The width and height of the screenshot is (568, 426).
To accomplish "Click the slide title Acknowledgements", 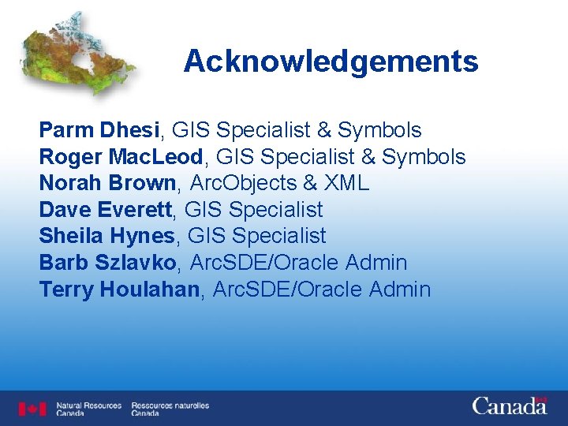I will click(331, 62).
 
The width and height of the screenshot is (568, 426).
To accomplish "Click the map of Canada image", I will click(77, 54).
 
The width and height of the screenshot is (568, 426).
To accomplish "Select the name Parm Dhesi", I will click(99, 130).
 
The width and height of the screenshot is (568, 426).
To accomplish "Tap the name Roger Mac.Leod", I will click(107, 157).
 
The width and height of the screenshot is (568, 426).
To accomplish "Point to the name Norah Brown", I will click(107, 184).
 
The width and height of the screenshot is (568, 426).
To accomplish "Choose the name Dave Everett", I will click(109, 210).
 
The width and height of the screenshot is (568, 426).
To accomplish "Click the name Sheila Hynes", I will click(106, 236).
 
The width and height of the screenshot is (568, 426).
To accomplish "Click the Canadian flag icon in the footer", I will click(33, 409).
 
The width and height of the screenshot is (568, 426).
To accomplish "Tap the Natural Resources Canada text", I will click(88, 409).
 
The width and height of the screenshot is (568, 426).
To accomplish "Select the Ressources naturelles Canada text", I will click(170, 409).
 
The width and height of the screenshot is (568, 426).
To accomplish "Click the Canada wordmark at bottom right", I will click(510, 406).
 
